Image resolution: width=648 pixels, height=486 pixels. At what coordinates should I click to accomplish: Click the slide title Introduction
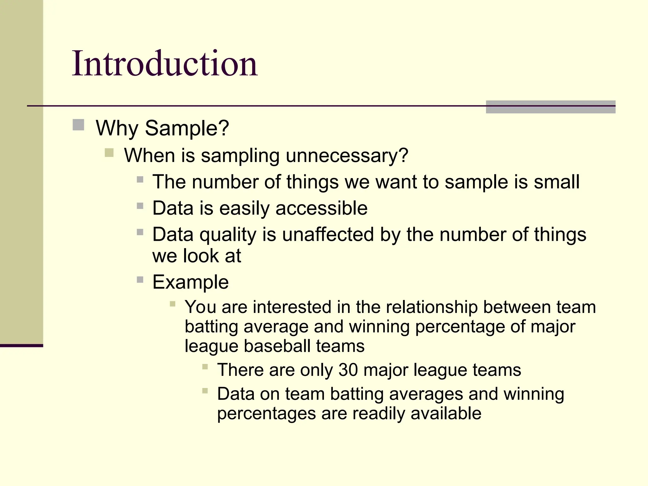[165, 64]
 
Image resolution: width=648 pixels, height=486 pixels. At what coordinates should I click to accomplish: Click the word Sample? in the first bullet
[187, 128]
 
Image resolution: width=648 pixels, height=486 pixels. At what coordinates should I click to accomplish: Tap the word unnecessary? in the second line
[347, 156]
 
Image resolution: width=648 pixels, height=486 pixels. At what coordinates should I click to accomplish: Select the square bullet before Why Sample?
[78, 125]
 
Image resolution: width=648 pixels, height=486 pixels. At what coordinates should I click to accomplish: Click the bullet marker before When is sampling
[109, 153]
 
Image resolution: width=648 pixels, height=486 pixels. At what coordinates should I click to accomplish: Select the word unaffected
[328, 235]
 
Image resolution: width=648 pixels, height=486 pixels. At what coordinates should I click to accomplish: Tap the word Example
[190, 282]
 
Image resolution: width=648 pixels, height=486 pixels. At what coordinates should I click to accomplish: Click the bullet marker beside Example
[140, 280]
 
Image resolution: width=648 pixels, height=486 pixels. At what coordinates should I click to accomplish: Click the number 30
[348, 370]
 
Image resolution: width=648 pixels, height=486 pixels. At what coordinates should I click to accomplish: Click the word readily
[378, 414]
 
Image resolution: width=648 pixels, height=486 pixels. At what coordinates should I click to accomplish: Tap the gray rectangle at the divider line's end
[551, 107]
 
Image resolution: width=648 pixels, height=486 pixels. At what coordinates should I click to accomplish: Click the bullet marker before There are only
[205, 367]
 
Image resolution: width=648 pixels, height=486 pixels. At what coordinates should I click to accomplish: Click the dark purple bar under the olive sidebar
[21, 346]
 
